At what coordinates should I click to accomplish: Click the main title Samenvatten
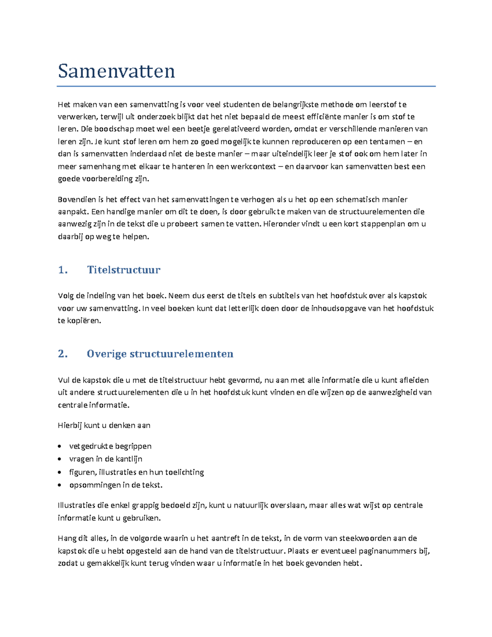116,71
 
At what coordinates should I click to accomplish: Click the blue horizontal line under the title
246,87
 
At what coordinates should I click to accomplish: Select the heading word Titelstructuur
123,270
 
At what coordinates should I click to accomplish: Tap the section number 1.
63,270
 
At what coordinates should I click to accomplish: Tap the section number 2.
63,354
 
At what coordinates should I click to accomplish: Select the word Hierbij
70,425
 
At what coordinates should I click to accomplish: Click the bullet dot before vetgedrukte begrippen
60,446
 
